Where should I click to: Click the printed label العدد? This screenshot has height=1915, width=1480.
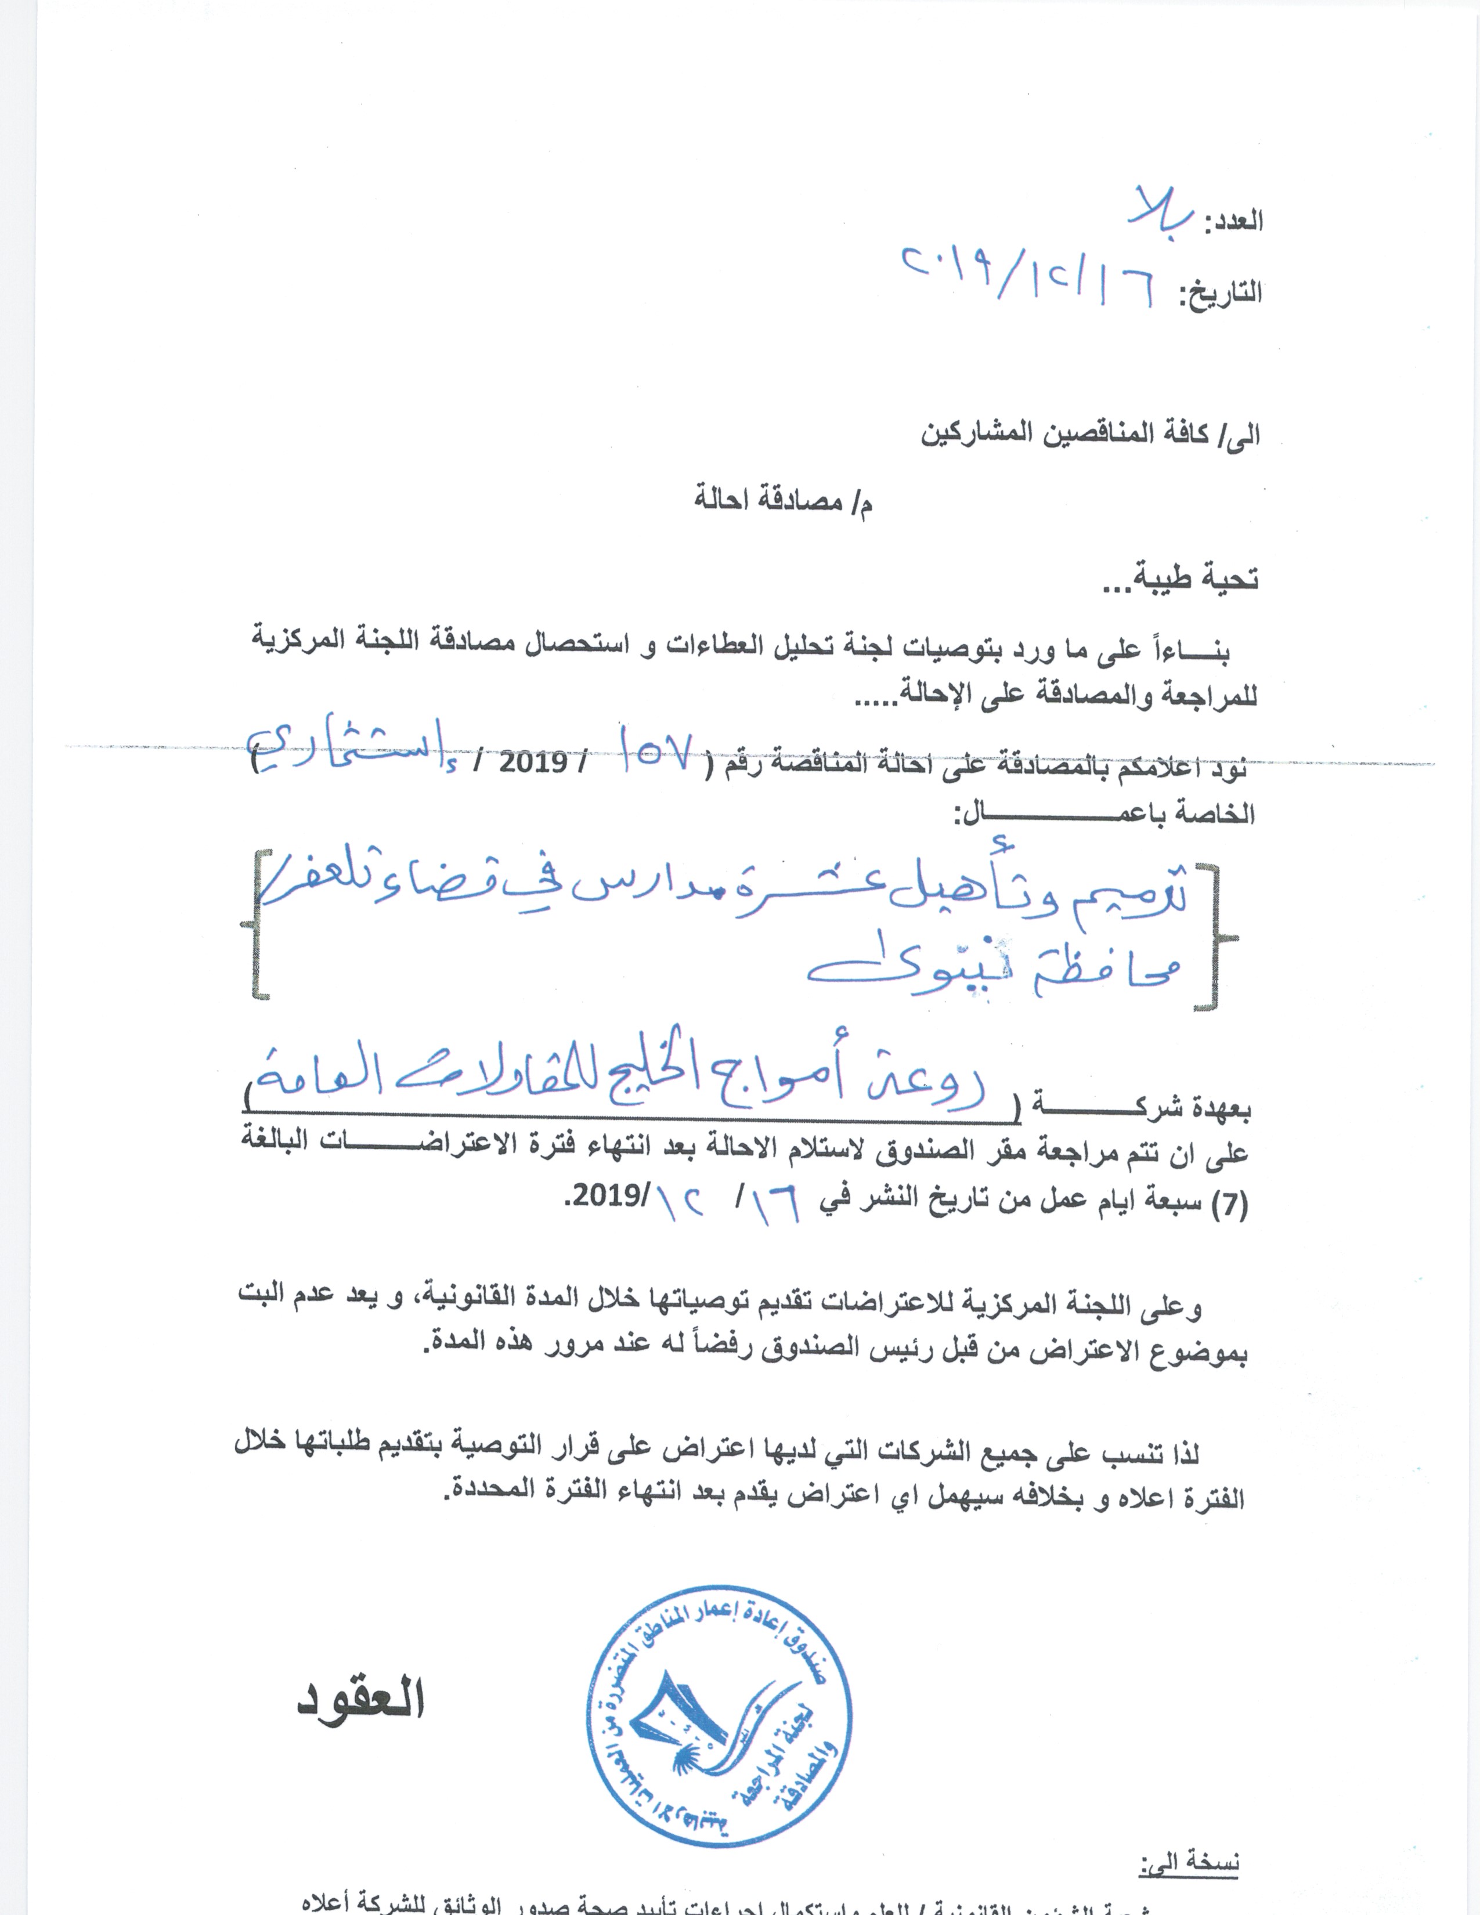click(x=1234, y=221)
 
